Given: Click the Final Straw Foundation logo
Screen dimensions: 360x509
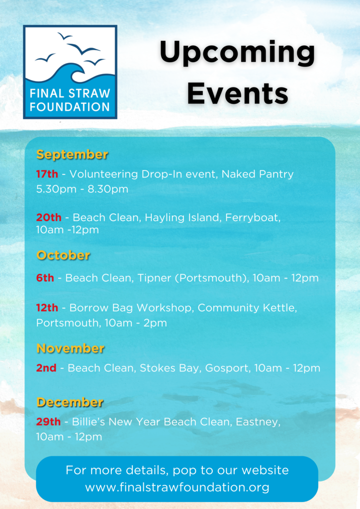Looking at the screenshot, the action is click(70, 72).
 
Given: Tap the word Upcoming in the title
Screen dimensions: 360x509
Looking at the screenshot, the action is click(237, 53).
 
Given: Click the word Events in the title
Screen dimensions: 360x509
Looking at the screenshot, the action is click(238, 93).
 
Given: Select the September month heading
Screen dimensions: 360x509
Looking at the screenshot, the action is click(72, 155).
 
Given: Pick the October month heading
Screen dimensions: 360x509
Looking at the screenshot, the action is click(63, 255).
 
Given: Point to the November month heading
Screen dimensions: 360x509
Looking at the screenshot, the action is click(71, 348).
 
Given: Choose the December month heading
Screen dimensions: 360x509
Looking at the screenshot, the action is click(70, 402).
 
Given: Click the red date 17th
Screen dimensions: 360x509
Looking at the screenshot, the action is click(47, 174).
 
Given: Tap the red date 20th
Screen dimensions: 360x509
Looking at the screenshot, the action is click(49, 217).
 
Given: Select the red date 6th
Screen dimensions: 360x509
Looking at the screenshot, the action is click(45, 278).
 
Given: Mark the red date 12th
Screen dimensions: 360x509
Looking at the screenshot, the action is click(47, 308).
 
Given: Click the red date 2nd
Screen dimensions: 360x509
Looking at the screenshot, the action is click(46, 368).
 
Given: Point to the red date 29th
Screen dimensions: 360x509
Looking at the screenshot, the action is click(48, 422).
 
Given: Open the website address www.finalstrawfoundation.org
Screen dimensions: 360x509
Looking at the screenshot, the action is click(177, 487).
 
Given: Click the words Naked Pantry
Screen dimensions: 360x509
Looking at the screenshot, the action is click(258, 174).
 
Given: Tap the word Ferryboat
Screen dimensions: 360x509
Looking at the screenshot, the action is click(253, 218).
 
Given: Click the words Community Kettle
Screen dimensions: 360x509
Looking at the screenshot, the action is click(247, 308).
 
